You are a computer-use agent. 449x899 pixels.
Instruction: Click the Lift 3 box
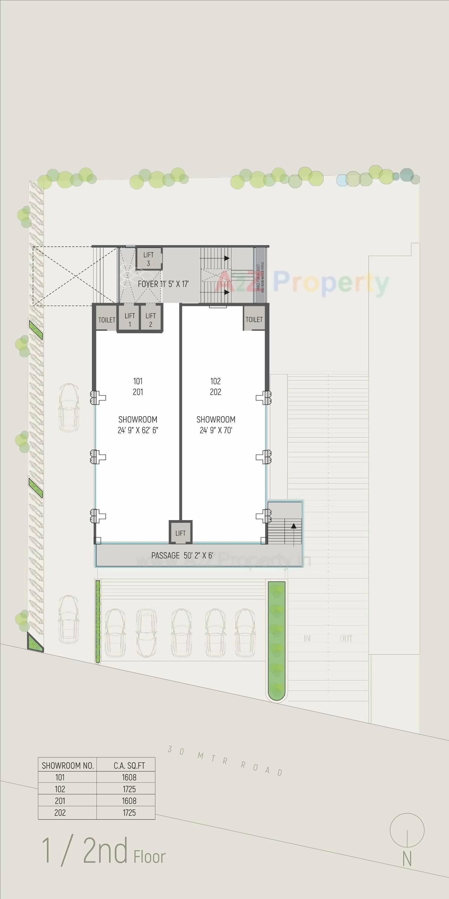(x=149, y=259)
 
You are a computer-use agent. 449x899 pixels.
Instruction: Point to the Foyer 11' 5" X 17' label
(x=163, y=284)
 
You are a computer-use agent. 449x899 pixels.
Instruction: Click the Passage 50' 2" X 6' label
(x=182, y=555)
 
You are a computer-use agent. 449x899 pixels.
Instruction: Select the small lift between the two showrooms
(x=180, y=533)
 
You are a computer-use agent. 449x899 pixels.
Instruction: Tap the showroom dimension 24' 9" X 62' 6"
(x=138, y=430)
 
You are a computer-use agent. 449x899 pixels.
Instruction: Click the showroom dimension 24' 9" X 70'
(x=216, y=430)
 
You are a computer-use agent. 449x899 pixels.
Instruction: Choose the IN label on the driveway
(x=307, y=638)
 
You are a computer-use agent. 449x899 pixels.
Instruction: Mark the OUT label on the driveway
(x=346, y=638)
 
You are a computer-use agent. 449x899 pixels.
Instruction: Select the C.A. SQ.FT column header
(x=129, y=766)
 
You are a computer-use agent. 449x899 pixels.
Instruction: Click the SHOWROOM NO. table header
(x=68, y=766)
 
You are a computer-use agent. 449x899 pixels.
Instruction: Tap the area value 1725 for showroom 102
(x=129, y=789)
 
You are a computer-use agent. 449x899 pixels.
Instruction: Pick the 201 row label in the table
(x=60, y=801)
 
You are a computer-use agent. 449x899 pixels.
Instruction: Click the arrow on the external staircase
(x=294, y=526)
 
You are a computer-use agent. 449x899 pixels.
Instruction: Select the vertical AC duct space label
(x=260, y=277)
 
